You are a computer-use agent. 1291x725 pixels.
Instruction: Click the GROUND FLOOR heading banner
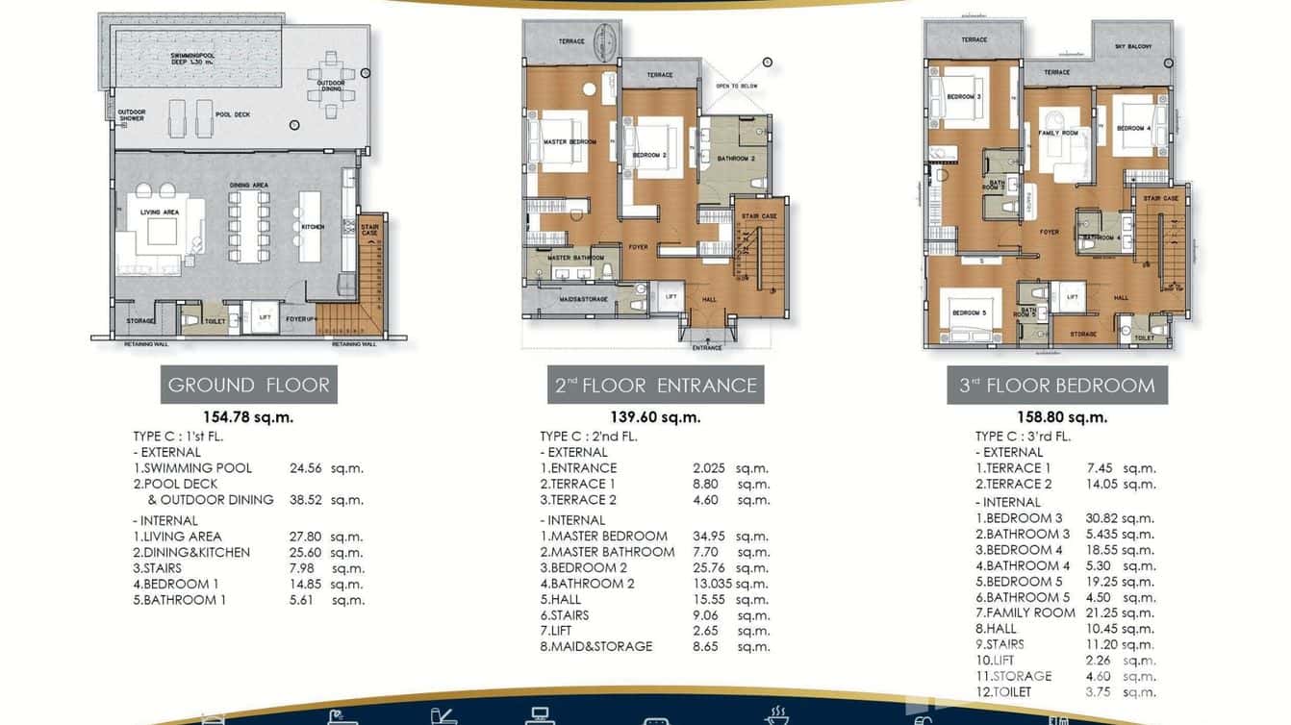248,385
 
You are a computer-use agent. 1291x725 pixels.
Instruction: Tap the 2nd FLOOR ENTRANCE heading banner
656,385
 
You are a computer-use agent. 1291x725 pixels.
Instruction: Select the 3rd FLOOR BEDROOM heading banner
1056,385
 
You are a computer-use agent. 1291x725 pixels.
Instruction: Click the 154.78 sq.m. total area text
248,417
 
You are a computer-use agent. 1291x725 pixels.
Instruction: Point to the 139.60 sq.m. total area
656,417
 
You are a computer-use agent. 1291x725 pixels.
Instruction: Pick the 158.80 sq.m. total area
1062,417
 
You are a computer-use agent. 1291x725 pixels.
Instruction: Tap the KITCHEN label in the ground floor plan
312,227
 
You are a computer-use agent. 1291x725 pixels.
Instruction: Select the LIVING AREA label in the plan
160,212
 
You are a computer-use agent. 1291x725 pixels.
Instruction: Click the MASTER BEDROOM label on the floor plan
570,142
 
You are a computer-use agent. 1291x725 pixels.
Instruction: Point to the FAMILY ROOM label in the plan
1057,133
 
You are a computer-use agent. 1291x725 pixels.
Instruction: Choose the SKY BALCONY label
1133,46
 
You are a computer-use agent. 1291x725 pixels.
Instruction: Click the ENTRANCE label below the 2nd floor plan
707,347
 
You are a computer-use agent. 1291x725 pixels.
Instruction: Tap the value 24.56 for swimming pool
309,468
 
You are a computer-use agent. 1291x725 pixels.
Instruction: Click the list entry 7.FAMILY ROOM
1025,612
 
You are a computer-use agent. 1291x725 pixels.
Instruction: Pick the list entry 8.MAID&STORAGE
596,646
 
